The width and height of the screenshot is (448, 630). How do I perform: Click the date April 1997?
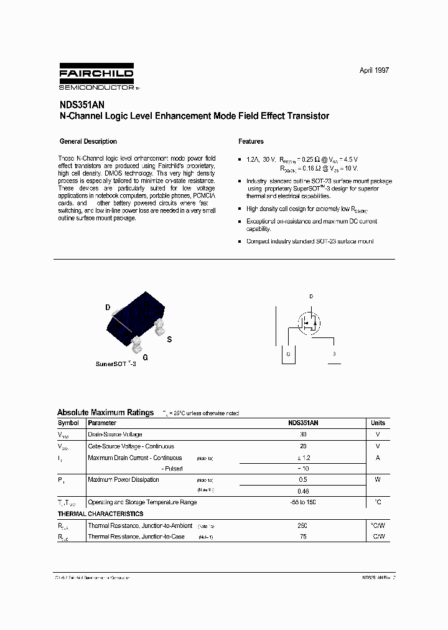(x=374, y=70)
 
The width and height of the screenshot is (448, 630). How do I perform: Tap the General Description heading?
(x=88, y=141)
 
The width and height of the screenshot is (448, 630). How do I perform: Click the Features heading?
(x=251, y=141)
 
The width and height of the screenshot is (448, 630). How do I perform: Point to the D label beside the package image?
(x=107, y=308)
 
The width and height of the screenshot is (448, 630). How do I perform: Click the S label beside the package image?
(x=169, y=339)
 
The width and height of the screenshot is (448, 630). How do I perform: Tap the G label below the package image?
(x=145, y=357)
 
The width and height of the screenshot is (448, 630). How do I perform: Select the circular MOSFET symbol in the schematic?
(x=308, y=323)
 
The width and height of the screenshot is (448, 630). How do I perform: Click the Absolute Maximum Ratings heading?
(x=105, y=412)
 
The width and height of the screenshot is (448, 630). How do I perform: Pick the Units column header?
(x=378, y=423)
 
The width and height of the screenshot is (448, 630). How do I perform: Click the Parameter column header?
(x=102, y=423)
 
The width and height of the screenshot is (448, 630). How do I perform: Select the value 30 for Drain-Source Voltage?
(x=303, y=435)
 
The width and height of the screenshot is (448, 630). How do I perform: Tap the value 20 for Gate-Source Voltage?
(x=303, y=446)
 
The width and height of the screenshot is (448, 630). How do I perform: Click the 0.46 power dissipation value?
(x=303, y=491)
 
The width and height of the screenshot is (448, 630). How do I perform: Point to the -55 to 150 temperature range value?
(x=303, y=502)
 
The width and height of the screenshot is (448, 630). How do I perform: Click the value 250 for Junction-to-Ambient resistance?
(x=303, y=525)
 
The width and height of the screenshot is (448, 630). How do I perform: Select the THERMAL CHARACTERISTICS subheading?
(x=100, y=514)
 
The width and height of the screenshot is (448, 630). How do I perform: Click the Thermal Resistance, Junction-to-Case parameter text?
(x=136, y=537)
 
